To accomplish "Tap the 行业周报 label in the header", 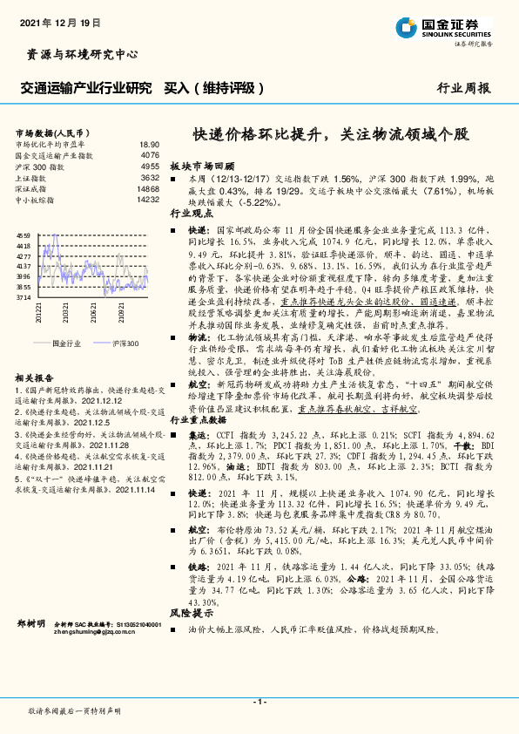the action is click(463, 88).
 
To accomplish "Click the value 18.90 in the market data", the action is click(149, 144).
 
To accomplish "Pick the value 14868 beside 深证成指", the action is click(148, 188).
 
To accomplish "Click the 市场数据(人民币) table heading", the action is click(47, 131).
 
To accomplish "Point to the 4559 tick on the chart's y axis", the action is click(24, 235).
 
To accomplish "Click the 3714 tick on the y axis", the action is click(24, 297).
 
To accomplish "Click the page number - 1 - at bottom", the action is click(259, 702).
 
